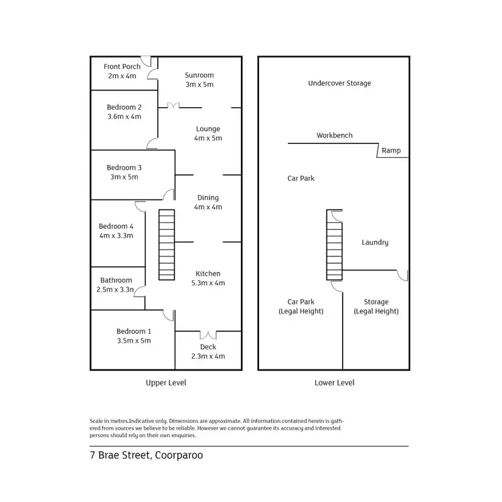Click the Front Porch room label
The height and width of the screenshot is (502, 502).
122,71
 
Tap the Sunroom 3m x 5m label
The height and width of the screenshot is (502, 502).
199,80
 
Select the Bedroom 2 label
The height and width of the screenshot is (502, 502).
124,111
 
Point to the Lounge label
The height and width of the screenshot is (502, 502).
207,133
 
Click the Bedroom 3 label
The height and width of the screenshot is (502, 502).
124,172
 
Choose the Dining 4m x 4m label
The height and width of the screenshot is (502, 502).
207,202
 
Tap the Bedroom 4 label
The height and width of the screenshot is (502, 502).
116,230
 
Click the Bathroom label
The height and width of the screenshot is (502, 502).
116,285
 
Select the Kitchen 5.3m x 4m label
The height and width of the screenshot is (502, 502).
207,278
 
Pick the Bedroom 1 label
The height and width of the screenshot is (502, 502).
134,335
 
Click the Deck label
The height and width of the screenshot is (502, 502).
208,351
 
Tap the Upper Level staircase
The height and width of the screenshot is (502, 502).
166,244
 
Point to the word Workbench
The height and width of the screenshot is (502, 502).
335,135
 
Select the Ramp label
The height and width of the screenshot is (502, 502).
392,151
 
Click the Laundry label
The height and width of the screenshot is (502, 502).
375,242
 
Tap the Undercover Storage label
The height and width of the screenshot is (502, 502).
339,83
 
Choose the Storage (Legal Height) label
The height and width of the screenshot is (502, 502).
376,307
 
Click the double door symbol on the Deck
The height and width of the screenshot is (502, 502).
208,334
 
